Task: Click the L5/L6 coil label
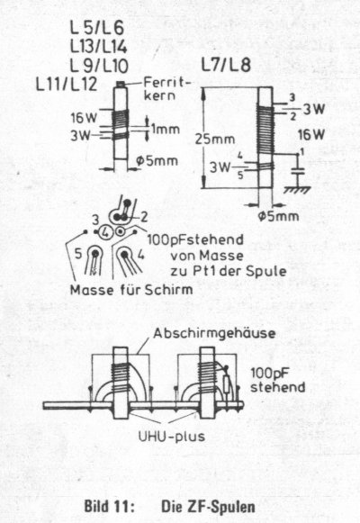click(x=97, y=28)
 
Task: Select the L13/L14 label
click(x=99, y=47)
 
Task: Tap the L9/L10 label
click(x=99, y=66)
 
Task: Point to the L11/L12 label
click(x=67, y=84)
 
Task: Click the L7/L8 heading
click(x=226, y=65)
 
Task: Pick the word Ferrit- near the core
click(x=167, y=82)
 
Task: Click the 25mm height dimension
click(x=215, y=140)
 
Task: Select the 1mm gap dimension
click(x=166, y=129)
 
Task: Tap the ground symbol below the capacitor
click(x=297, y=190)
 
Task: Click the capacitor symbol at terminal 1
click(x=298, y=171)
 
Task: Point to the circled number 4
click(x=106, y=232)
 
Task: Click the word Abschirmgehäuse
click(x=214, y=333)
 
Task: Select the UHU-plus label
click(x=172, y=437)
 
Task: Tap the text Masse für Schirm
click(x=131, y=290)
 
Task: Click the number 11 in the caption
click(x=121, y=506)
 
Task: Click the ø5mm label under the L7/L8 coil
click(x=278, y=216)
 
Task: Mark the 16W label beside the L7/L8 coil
click(x=311, y=135)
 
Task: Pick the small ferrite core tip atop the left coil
click(x=121, y=84)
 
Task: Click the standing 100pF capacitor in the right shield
click(x=228, y=383)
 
